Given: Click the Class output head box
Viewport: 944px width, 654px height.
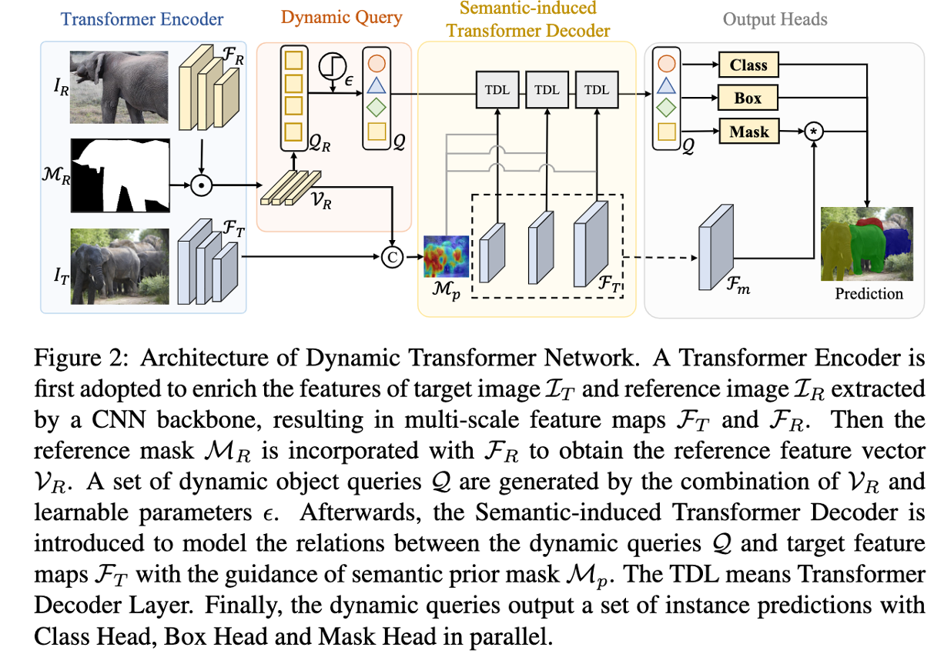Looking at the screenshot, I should pyautogui.click(x=748, y=65).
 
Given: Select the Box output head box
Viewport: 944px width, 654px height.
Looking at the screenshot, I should pyautogui.click(x=748, y=98).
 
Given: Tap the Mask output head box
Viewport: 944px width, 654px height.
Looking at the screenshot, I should pyautogui.click(x=748, y=132).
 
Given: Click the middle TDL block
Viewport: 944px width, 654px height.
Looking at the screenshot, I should pyautogui.click(x=547, y=90).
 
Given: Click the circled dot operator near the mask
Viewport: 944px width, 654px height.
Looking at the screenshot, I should pyautogui.click(x=200, y=185).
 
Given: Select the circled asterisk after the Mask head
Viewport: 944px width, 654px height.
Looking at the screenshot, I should pyautogui.click(x=814, y=132).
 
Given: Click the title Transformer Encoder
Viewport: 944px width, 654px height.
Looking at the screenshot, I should pyautogui.click(x=142, y=19).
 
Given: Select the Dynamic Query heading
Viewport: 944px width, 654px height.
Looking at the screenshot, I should pyautogui.click(x=341, y=18).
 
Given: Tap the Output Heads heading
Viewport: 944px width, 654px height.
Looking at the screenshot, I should pyautogui.click(x=775, y=19).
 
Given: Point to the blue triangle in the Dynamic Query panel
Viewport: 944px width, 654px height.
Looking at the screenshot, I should pyautogui.click(x=377, y=84).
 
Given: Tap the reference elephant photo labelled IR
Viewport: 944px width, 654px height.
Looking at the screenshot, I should pyautogui.click(x=118, y=86).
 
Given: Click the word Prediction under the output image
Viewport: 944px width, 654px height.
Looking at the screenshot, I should pyautogui.click(x=869, y=293).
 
